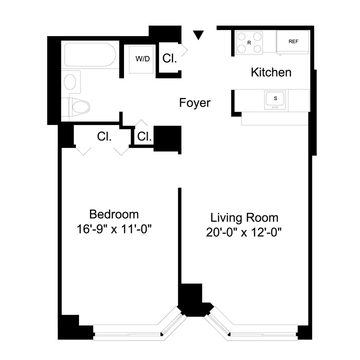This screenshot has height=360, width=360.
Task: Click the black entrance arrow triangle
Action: point(199,35)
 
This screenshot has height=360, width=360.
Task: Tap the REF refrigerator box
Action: point(293,41)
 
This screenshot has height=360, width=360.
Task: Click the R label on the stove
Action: point(248,42)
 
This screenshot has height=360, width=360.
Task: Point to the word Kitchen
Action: point(270,72)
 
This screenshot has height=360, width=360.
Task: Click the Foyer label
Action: point(194,103)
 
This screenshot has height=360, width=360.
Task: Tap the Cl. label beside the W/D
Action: point(169,58)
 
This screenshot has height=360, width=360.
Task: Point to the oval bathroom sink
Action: point(71,81)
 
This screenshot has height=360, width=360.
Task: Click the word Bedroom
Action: point(113,214)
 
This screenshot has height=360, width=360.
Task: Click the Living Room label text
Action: point(244,218)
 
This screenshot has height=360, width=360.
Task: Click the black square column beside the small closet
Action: point(166,138)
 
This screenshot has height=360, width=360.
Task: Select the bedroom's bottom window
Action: point(128,332)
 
